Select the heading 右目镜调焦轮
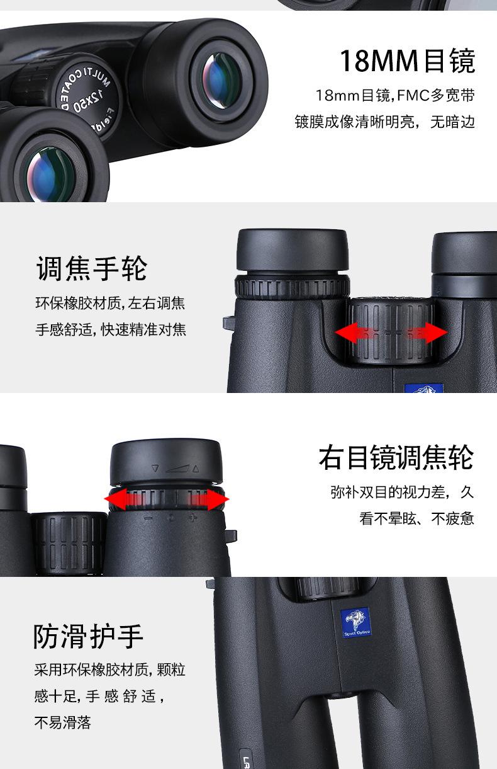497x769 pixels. [x=396, y=458]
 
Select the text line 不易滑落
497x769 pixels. [x=63, y=722]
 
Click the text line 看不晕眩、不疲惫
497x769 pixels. [x=416, y=519]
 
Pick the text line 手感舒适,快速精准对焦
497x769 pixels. [x=111, y=329]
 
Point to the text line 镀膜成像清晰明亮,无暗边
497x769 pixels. [x=384, y=122]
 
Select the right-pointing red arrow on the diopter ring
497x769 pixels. [x=214, y=500]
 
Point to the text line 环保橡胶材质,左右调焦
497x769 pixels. [x=110, y=303]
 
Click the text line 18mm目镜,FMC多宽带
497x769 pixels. [x=394, y=96]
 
